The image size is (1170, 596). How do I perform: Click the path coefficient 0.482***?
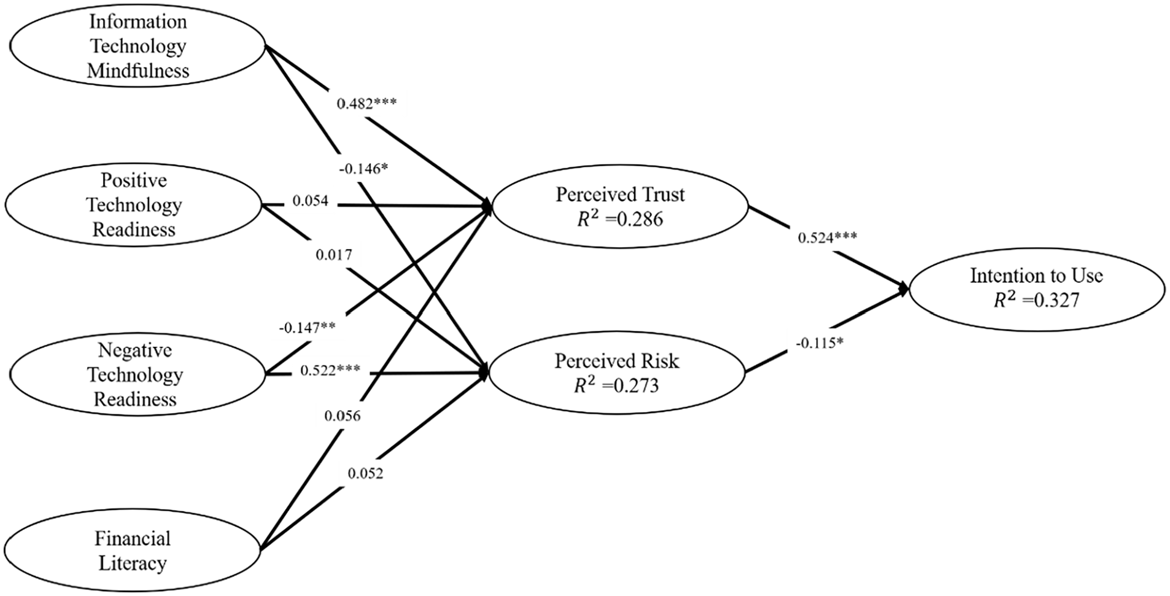coord(366,103)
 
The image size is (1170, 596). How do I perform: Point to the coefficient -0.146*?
coord(363,168)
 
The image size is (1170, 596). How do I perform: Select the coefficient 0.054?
coord(310,201)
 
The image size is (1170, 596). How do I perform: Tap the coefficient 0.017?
coord(334,254)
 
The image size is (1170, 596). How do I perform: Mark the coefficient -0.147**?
coord(307,327)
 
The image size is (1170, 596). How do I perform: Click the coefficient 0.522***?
coord(330,371)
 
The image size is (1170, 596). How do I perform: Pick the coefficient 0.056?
coord(343,416)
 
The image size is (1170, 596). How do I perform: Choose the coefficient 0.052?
coord(365,473)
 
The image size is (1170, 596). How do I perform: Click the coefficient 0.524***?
coord(827,238)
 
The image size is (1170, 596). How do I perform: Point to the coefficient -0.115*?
coord(819,343)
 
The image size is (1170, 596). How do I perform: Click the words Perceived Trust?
coord(620,195)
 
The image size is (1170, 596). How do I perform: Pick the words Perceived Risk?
coord(617,361)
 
